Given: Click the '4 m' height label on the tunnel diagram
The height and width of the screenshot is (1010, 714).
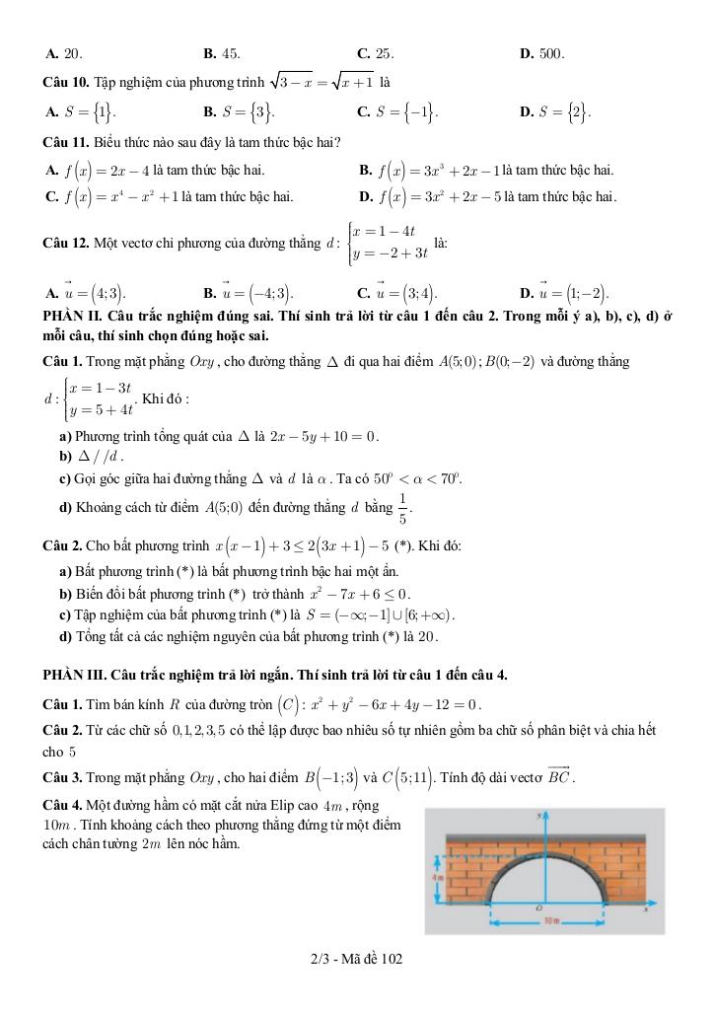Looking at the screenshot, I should [441, 877].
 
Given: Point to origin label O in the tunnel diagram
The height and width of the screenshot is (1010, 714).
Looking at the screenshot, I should [537, 905].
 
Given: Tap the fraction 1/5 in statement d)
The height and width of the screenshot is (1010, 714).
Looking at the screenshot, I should [402, 507].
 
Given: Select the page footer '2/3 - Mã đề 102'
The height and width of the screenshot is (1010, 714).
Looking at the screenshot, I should [356, 958].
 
